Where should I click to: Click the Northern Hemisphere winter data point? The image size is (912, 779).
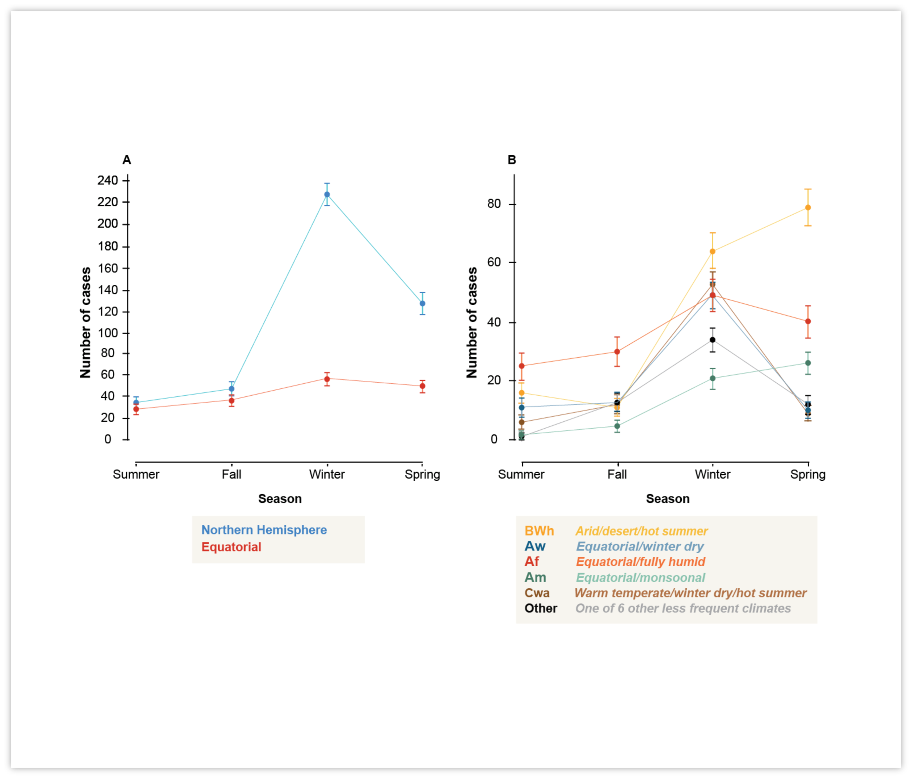click(x=327, y=195)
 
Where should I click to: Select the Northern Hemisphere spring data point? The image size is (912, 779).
click(x=422, y=303)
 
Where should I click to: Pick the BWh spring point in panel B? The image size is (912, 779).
click(x=808, y=207)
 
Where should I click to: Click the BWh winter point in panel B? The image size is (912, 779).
click(x=712, y=252)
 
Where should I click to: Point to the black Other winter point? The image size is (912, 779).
click(x=712, y=340)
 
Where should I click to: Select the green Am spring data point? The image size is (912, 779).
click(x=808, y=363)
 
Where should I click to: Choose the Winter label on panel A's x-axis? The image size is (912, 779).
click(x=326, y=474)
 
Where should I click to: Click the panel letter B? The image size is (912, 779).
click(x=511, y=160)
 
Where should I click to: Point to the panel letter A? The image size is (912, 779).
click(x=126, y=160)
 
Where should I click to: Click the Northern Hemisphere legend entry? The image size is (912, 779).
click(x=264, y=530)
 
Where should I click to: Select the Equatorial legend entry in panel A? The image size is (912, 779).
click(x=231, y=547)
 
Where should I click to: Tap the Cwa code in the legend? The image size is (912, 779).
click(x=537, y=593)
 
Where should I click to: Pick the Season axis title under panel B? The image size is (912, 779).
click(x=668, y=499)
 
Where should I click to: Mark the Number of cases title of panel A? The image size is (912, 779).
click(x=85, y=322)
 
